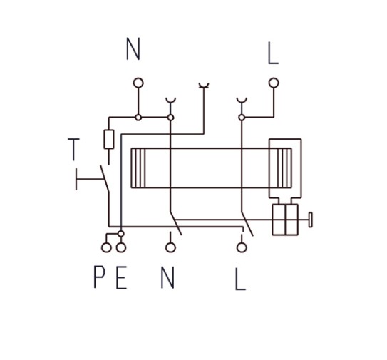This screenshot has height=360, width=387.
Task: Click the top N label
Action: (133, 48)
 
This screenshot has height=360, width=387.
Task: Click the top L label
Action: (273, 53)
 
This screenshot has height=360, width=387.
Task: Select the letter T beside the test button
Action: (73, 150)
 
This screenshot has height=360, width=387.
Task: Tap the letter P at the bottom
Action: (100, 277)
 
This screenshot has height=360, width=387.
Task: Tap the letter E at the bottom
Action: (121, 277)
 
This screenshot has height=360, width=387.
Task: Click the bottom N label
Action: (167, 277)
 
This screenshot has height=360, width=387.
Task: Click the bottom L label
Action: (240, 279)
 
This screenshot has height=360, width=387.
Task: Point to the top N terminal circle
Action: (138, 83)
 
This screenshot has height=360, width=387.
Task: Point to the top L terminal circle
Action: (274, 83)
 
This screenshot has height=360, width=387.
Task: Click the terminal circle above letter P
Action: (106, 247)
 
